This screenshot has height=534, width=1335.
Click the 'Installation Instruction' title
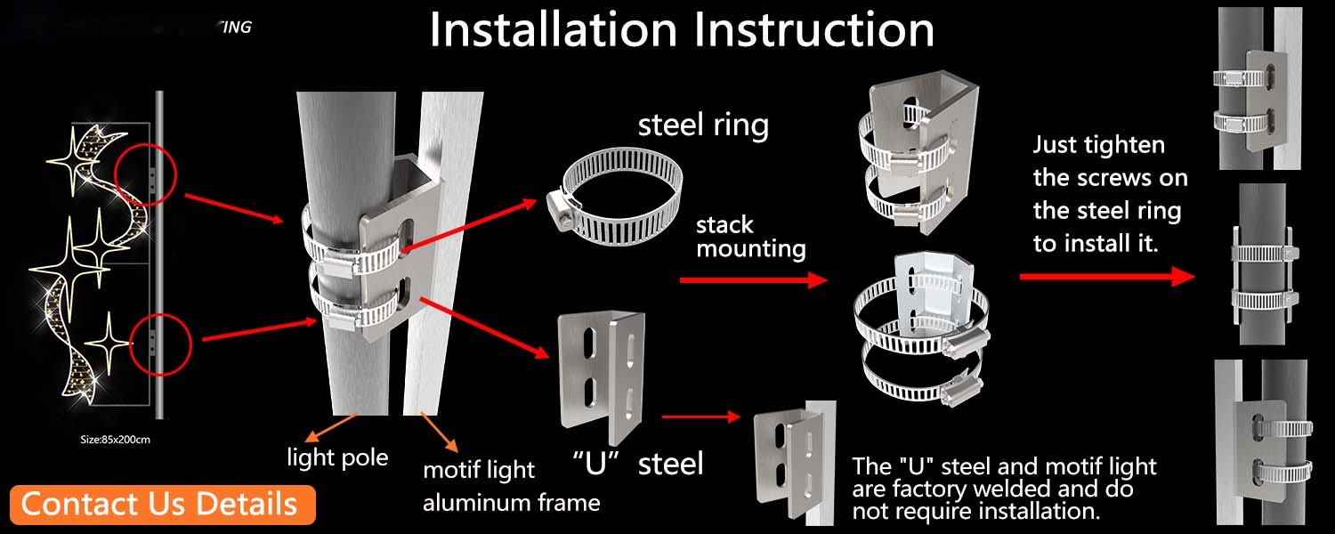point(682,30)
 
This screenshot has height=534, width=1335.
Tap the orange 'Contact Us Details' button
point(159,504)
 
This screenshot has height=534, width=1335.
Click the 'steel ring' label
point(703,125)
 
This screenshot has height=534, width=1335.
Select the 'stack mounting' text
point(750,236)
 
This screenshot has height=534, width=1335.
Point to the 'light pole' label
point(337,457)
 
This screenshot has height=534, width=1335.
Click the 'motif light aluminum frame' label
point(511,486)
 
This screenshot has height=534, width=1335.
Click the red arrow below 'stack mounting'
point(753,280)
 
